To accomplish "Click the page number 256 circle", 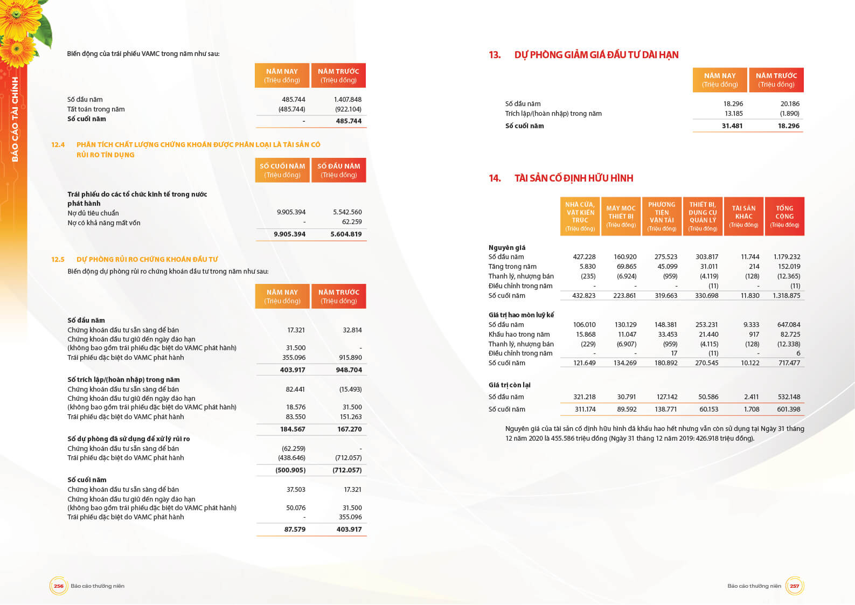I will pyautogui.click(x=58, y=586).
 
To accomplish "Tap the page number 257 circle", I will pyautogui.click(x=794, y=586).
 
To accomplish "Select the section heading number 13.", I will pyautogui.click(x=495, y=55).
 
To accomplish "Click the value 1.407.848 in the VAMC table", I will pyautogui.click(x=347, y=100).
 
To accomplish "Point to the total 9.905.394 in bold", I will pyautogui.click(x=289, y=234).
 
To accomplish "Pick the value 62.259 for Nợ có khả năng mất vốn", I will pyautogui.click(x=352, y=222).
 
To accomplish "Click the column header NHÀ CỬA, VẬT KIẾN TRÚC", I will pyautogui.click(x=580, y=216).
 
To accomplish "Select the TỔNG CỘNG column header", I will pyautogui.click(x=784, y=216).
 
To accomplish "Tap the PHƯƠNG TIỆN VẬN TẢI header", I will pyautogui.click(x=662, y=216).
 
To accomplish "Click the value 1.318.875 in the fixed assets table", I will pyautogui.click(x=786, y=296).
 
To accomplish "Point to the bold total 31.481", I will pyautogui.click(x=732, y=126).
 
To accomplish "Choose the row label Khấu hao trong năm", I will pyautogui.click(x=519, y=335).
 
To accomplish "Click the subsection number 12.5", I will pyautogui.click(x=58, y=260).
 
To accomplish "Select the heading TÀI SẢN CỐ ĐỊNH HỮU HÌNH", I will pyautogui.click(x=574, y=178).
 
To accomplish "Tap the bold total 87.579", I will pyautogui.click(x=295, y=530).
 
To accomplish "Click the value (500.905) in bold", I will pyautogui.click(x=290, y=470).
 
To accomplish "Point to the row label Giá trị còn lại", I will pyautogui.click(x=509, y=385).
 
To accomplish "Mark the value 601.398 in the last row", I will pyautogui.click(x=788, y=409).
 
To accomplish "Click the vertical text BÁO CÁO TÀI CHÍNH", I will pyautogui.click(x=15, y=119).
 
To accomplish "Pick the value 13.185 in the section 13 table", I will pyautogui.click(x=733, y=114).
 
